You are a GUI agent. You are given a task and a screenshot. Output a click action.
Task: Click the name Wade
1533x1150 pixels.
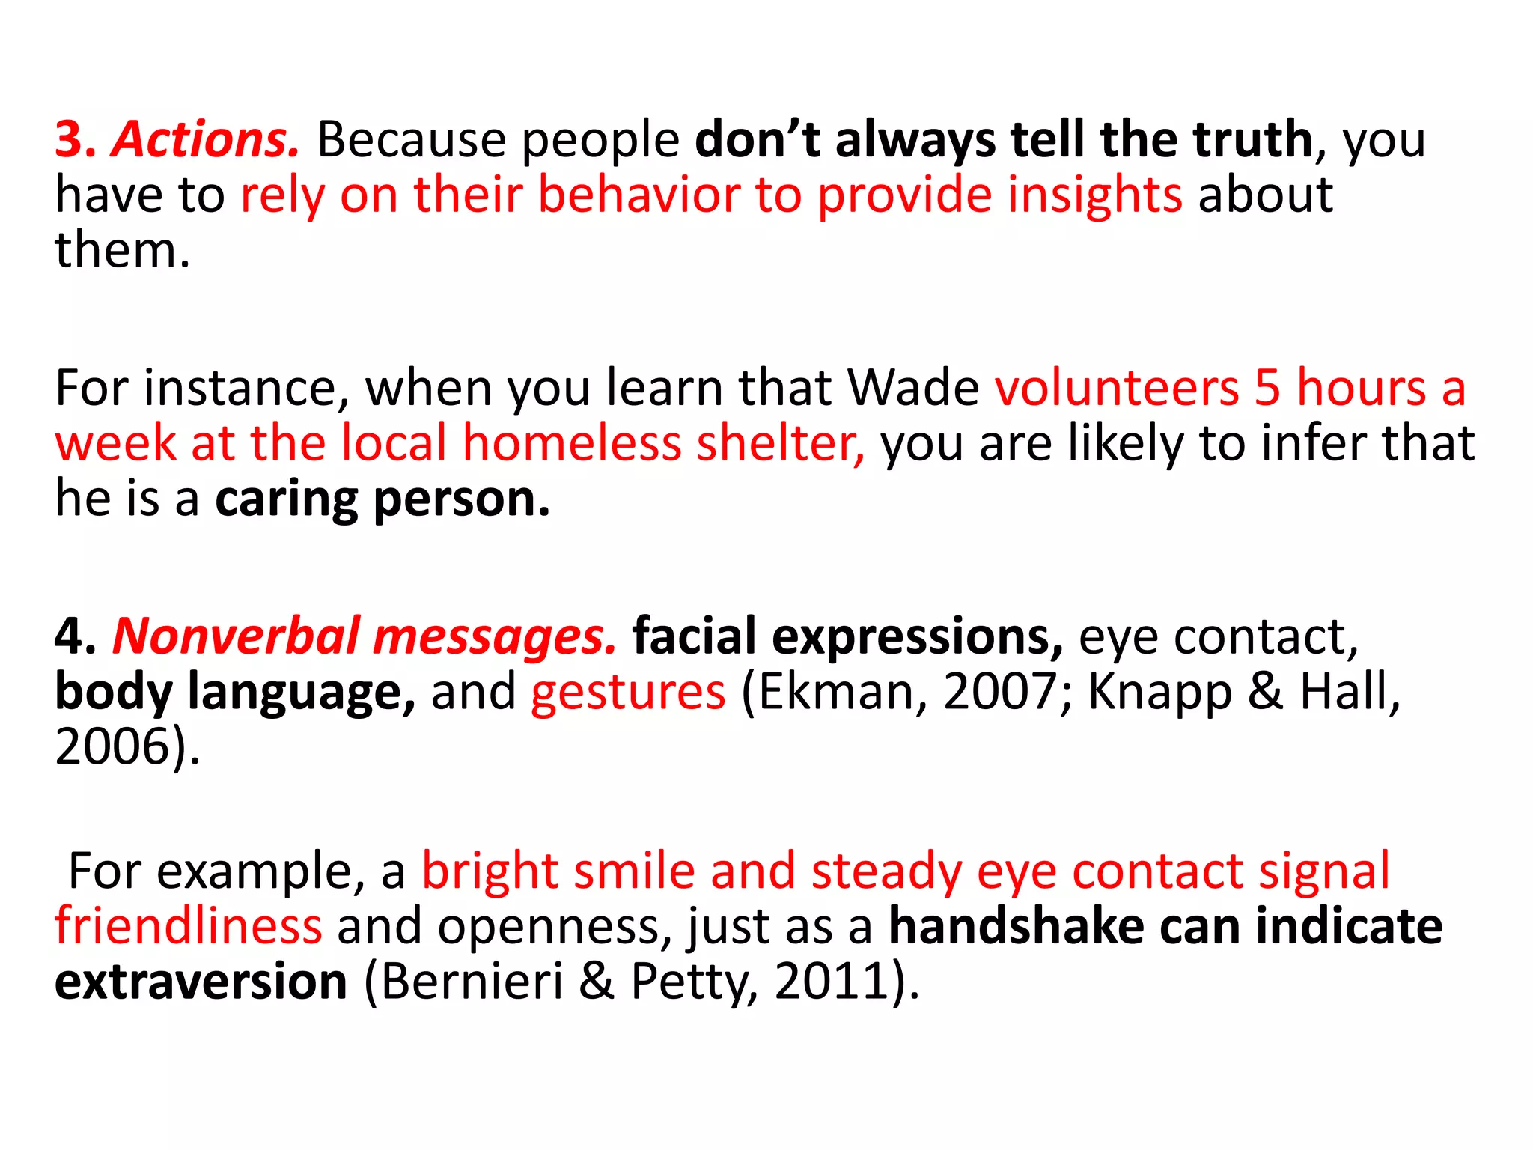[912, 388]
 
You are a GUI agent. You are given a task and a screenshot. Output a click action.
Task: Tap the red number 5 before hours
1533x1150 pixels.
[1267, 388]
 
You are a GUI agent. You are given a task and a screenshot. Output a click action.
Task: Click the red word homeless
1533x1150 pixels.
[572, 442]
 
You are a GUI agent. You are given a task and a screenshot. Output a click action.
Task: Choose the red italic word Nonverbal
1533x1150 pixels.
[236, 636]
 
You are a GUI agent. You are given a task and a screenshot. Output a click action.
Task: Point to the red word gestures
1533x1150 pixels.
[628, 692]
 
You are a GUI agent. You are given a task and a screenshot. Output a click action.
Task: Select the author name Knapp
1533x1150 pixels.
[1159, 692]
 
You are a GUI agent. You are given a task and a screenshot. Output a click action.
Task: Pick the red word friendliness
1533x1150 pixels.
[189, 927]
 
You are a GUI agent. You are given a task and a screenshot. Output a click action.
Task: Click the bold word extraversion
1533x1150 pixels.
[201, 982]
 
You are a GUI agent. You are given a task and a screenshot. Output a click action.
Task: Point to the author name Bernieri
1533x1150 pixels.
[472, 982]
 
